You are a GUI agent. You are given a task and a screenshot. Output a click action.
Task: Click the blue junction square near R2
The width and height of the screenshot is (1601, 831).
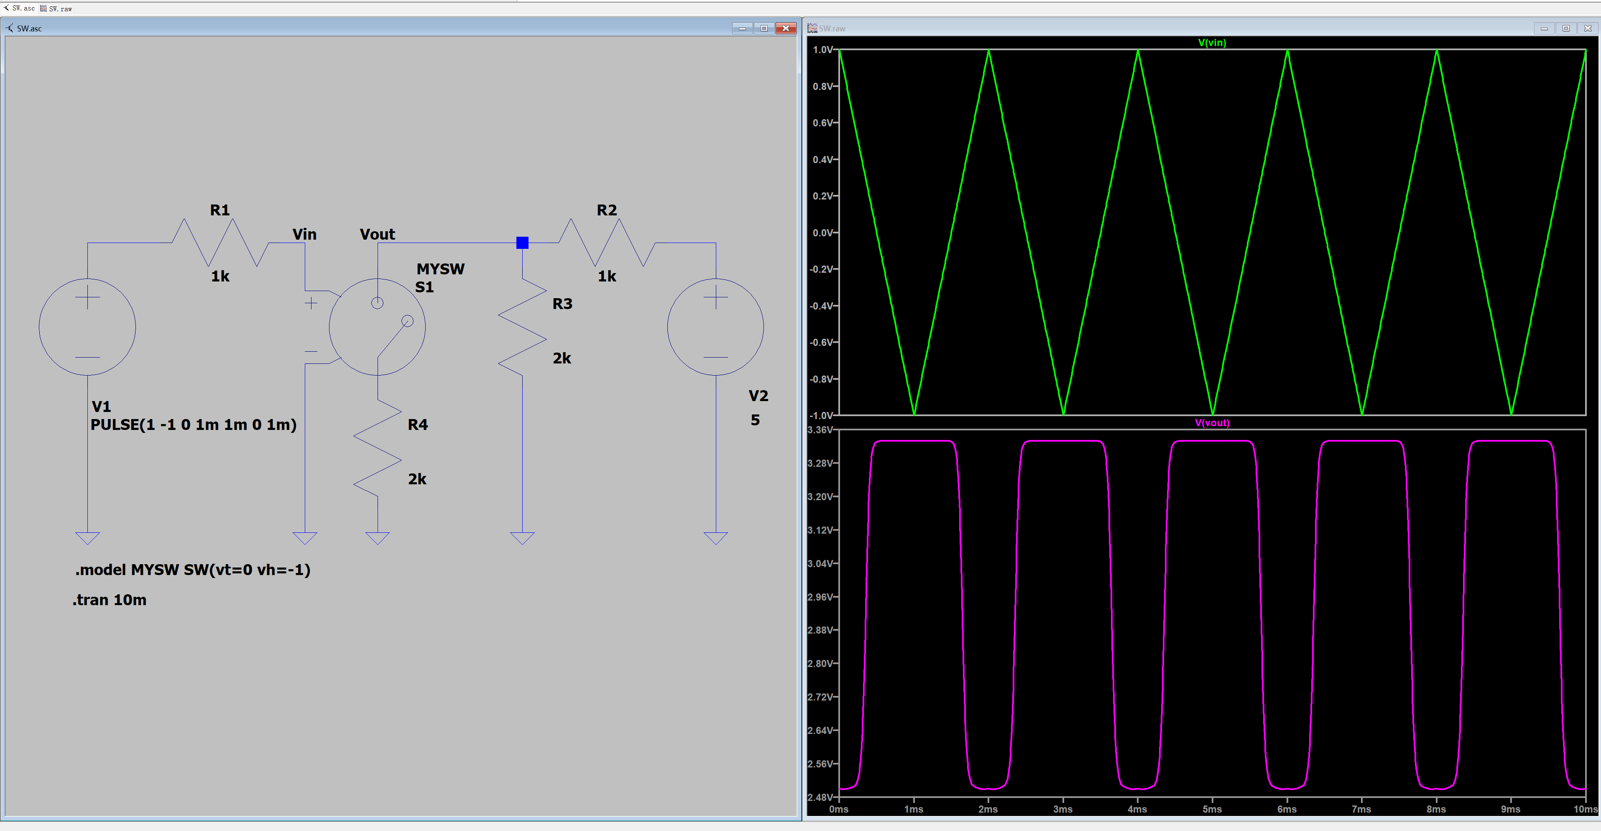[522, 243]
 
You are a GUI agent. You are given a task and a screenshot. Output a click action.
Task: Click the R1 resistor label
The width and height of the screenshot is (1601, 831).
[220, 210]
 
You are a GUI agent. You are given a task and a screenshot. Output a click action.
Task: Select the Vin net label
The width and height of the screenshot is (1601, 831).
[304, 234]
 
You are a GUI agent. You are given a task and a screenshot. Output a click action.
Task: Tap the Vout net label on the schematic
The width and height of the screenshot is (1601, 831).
[377, 234]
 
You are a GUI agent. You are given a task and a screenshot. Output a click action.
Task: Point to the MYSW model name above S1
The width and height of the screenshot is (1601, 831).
[441, 269]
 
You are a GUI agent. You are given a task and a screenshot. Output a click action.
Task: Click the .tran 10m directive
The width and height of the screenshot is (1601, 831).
[110, 600]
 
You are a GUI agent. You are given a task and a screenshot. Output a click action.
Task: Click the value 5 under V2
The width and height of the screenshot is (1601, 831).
[755, 420]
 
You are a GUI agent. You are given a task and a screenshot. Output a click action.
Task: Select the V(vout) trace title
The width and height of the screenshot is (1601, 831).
[1212, 423]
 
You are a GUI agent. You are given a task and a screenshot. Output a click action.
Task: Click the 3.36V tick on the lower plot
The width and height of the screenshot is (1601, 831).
[822, 430]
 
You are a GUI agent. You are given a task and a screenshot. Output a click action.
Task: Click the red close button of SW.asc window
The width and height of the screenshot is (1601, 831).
[786, 28]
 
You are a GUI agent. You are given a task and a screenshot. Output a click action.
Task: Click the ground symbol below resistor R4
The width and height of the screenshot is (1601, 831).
[377, 538]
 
